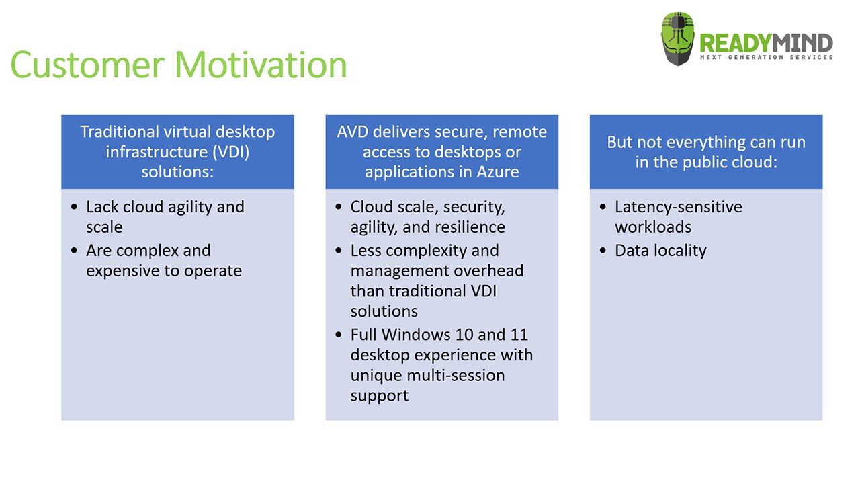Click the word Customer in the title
coord(88,65)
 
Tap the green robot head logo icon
coord(678,39)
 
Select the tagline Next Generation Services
coord(767,58)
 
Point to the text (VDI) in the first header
coord(231,152)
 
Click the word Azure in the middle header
coord(498,171)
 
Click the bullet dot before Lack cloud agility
coord(74,207)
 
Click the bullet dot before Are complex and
coord(74,251)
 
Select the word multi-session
coord(456,375)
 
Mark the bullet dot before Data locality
coord(603,251)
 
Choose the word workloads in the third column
coord(653,227)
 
